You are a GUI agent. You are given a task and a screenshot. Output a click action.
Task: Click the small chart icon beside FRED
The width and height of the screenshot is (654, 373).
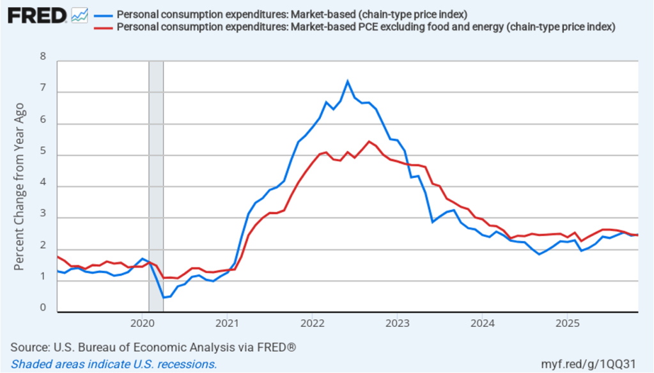[80, 14]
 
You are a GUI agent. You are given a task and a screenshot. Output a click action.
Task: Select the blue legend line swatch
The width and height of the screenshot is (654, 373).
[102, 15]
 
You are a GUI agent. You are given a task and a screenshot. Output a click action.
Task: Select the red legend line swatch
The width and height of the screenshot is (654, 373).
[102, 27]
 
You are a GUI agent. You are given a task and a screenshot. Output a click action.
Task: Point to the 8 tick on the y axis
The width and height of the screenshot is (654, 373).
[43, 57]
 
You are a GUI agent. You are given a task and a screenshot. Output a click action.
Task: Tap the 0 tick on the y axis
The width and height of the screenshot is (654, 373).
[43, 308]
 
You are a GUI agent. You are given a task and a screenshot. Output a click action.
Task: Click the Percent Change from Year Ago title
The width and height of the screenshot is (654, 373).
[20, 186]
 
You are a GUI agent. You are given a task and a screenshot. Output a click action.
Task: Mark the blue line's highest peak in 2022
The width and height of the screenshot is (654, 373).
[347, 81]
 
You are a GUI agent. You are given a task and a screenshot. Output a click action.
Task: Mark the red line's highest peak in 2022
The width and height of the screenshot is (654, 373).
[369, 141]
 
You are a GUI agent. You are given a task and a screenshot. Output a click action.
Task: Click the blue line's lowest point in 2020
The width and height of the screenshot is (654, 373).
[164, 298]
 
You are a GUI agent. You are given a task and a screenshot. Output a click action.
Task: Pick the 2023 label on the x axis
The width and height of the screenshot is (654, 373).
[397, 322]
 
